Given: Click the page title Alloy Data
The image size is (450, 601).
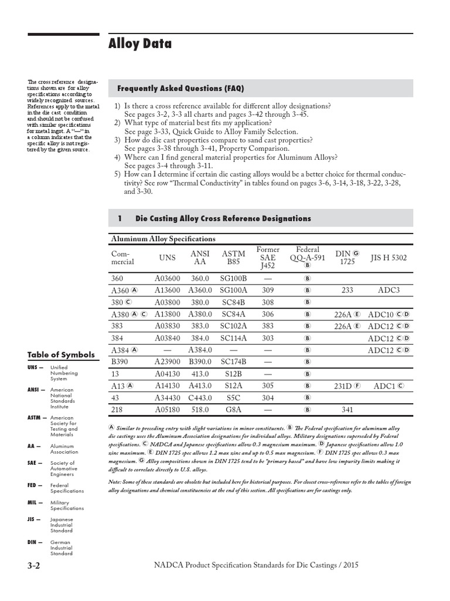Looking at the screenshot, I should click(140, 43).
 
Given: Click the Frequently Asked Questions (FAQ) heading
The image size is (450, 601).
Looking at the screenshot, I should click(180, 89).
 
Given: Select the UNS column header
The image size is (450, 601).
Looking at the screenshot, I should click(167, 258).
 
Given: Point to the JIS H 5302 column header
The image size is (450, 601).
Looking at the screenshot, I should click(388, 258).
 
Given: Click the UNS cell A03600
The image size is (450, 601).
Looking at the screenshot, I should click(167, 278).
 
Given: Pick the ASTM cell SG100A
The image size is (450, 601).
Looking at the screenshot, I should click(234, 290).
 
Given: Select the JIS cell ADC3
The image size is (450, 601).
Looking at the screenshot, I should click(388, 290).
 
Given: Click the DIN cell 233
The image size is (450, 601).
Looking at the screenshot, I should click(347, 290).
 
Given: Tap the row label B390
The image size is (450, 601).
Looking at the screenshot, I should click(121, 362).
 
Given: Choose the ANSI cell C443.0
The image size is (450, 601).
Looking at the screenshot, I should click(200, 398).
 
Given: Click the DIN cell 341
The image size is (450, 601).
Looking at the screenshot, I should click(347, 410).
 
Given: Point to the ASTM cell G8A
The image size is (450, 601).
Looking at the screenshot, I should click(234, 410).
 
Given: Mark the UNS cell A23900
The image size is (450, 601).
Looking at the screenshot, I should click(167, 362).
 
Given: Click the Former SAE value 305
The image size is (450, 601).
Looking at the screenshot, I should click(268, 386).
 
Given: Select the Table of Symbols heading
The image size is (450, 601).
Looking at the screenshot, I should click(60, 354).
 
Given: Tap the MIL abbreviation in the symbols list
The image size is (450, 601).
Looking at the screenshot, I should click(33, 503).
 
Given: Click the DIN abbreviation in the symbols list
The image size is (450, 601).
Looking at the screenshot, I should click(33, 542).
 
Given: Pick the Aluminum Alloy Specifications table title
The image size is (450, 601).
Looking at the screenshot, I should click(163, 239).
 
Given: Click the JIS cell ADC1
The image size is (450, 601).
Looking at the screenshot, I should click(384, 386).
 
